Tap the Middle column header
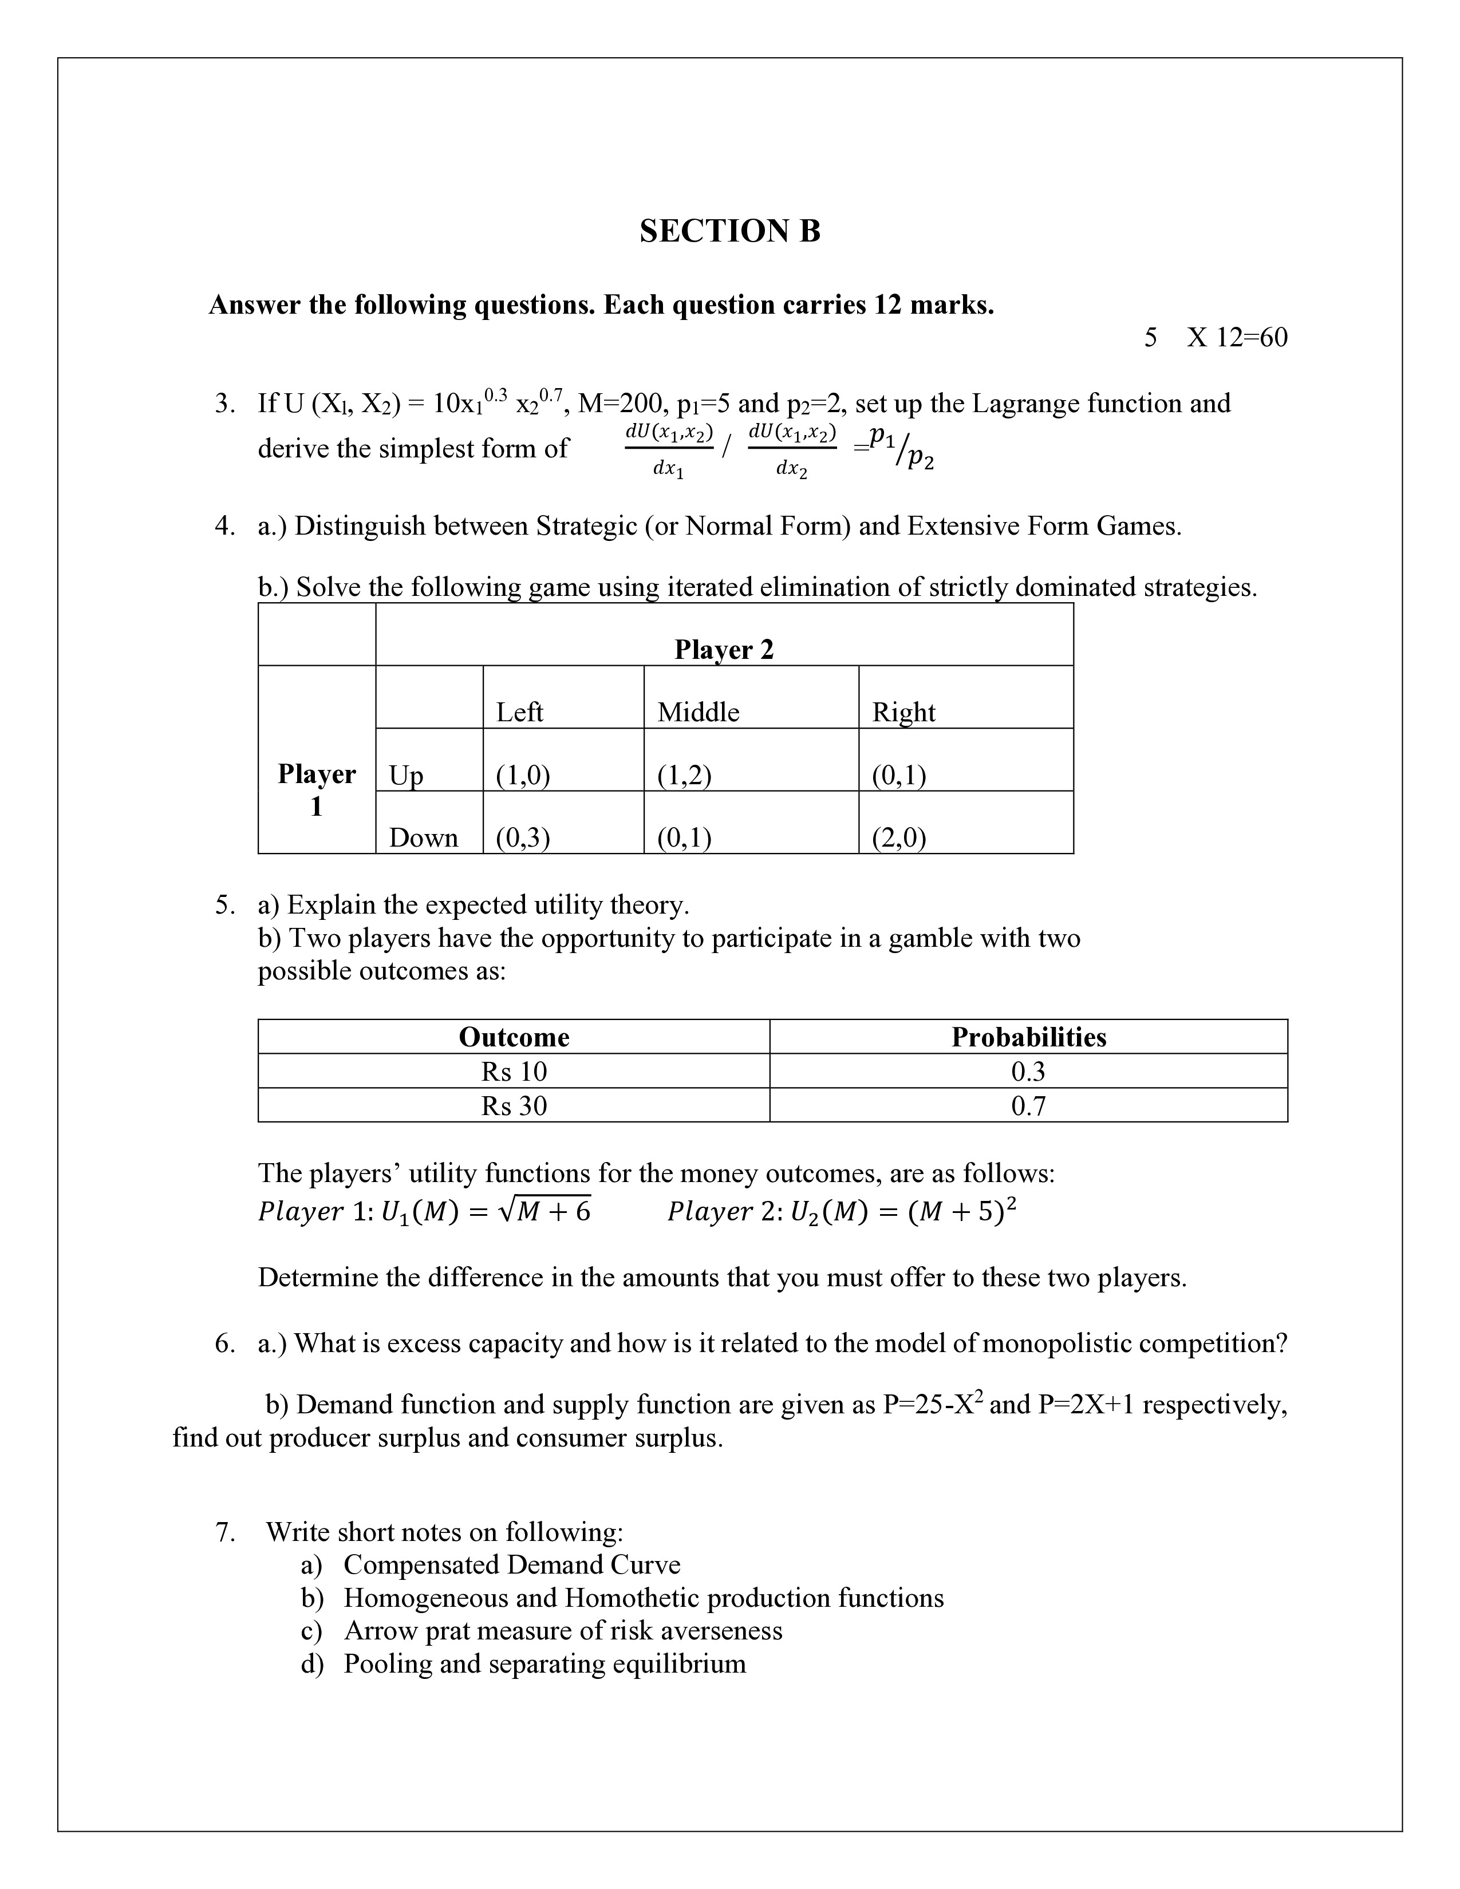point(698,712)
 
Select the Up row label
point(406,775)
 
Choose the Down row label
point(423,837)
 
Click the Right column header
point(903,712)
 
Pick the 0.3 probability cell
point(1028,1071)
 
